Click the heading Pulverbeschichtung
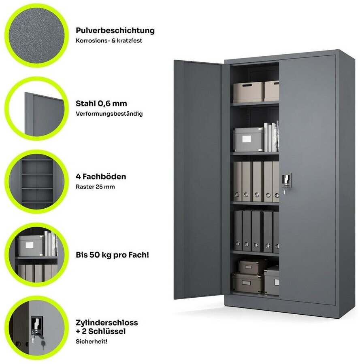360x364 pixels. (115, 31)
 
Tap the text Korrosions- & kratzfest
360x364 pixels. (109, 40)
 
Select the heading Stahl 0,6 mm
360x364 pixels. (101, 104)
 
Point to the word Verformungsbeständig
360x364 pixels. (109, 114)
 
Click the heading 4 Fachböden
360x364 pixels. (101, 177)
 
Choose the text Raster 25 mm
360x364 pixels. (95, 187)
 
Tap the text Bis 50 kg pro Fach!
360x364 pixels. (112, 255)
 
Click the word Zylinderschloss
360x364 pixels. (107, 323)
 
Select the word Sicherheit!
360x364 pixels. (92, 341)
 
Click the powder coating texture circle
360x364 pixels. (36, 36)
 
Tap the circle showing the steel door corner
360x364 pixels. (36, 109)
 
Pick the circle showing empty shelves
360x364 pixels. (36, 182)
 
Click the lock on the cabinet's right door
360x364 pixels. (286, 182)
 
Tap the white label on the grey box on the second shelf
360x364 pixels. (247, 139)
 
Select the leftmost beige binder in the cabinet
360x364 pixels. (238, 181)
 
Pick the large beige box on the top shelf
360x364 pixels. (249, 92)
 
